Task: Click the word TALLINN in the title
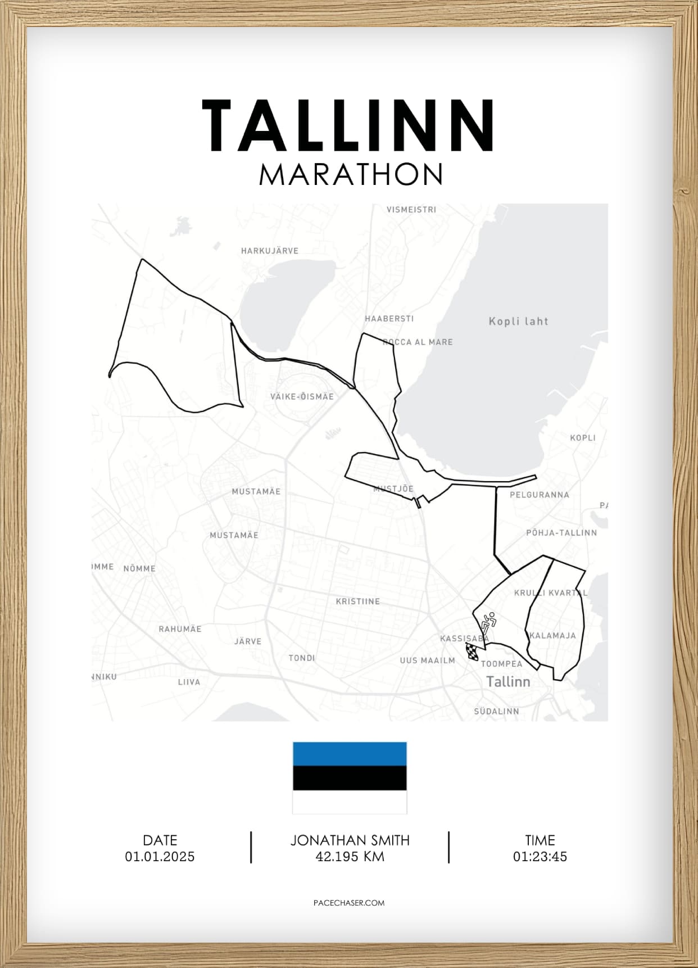(348, 126)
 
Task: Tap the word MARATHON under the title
(351, 175)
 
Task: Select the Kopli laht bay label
(518, 322)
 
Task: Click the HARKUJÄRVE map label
(270, 251)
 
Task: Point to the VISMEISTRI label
(411, 210)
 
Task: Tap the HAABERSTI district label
(389, 319)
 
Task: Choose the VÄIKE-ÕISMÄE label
(302, 397)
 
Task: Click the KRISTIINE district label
(358, 601)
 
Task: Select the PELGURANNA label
(540, 495)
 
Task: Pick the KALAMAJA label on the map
(552, 636)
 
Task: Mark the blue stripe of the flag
(350, 754)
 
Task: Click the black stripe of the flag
(350, 778)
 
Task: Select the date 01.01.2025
(160, 857)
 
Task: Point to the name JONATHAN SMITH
(350, 840)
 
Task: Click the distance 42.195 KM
(350, 857)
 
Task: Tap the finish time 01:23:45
(540, 857)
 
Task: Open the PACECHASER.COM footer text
(349, 903)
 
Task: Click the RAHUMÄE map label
(180, 629)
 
